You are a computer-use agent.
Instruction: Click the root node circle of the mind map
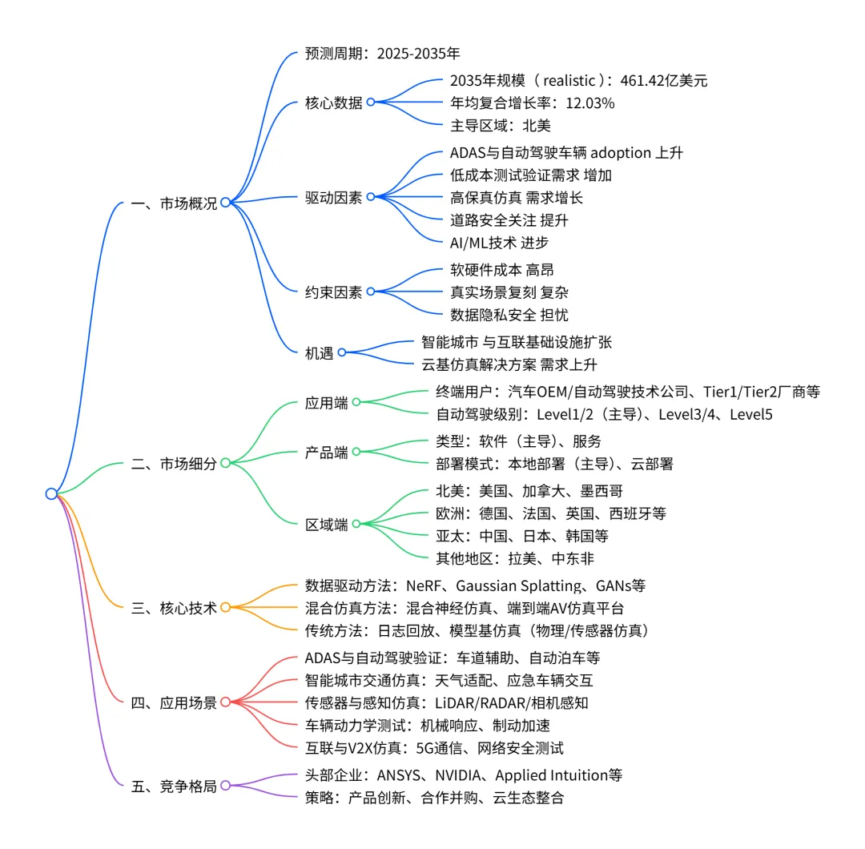pyautogui.click(x=51, y=493)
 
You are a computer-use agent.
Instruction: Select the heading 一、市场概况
pyautogui.click(x=173, y=203)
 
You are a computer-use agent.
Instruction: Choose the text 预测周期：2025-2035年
pyautogui.click(x=383, y=54)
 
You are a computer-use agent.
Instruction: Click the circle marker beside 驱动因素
pyautogui.click(x=370, y=197)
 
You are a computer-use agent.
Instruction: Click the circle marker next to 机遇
pyautogui.click(x=341, y=352)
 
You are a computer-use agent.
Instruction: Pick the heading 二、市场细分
pyautogui.click(x=173, y=463)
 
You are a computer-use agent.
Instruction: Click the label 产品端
pyautogui.click(x=327, y=452)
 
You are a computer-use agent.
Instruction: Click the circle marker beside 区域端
pyautogui.click(x=356, y=524)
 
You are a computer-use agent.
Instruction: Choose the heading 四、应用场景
pyautogui.click(x=173, y=702)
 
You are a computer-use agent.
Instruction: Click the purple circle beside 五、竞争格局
pyautogui.click(x=225, y=786)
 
